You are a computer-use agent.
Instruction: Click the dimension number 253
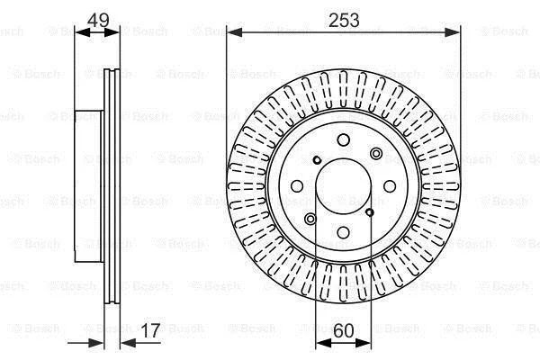click(344, 20)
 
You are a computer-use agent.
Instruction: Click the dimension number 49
click(98, 20)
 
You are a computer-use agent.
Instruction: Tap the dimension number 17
click(151, 330)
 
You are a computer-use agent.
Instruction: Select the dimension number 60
click(344, 330)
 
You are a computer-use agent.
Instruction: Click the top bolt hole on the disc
click(344, 139)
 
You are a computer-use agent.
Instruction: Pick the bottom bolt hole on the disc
click(344, 232)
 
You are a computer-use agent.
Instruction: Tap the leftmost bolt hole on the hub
click(297, 186)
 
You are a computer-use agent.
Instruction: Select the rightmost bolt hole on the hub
click(390, 186)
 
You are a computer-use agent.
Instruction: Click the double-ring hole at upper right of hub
click(375, 154)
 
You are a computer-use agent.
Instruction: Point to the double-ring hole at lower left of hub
click(310, 219)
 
